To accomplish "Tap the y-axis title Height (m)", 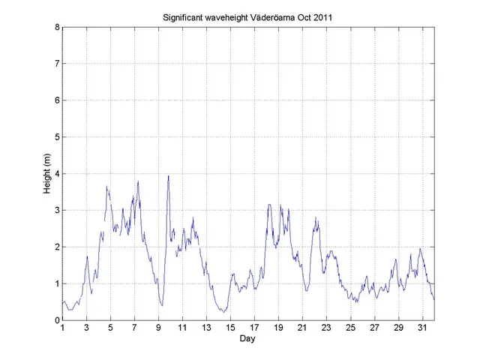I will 47,174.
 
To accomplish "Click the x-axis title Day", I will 247,339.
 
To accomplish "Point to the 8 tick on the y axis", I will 57,28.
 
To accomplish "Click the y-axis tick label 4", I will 57,174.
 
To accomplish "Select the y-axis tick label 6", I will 57,100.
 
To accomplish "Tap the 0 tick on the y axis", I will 57,320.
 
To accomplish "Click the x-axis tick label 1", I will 63,328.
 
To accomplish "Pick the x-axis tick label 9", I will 159,328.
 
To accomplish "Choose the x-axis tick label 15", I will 230,328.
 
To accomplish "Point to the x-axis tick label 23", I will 326,328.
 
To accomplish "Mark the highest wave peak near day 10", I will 168,176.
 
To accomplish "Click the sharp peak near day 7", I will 138,181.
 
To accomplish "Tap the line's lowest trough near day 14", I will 223,311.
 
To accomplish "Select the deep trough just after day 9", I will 162,305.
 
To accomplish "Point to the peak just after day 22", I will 316,217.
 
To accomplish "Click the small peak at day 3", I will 87,256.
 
